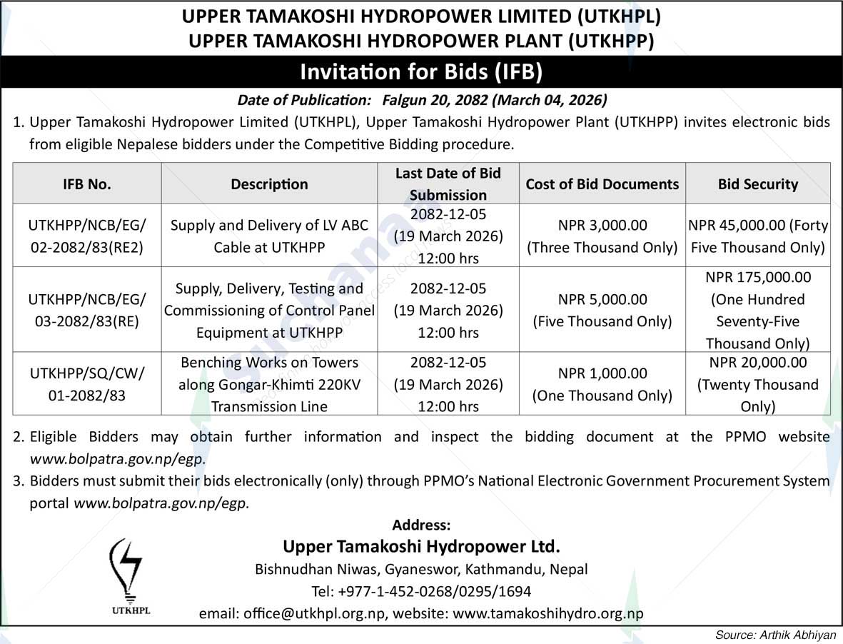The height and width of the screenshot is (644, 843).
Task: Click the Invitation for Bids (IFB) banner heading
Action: coord(421,71)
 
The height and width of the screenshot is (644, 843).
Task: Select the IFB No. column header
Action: coord(87,184)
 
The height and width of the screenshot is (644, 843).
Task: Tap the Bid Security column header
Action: coord(757,184)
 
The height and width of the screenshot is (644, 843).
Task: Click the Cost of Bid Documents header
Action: coord(602,184)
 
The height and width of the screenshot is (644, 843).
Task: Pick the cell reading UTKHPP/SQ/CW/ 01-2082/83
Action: coord(87,383)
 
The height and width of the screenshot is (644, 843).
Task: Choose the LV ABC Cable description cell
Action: coord(269,236)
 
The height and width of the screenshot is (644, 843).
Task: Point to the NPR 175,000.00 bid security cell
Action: coord(757,310)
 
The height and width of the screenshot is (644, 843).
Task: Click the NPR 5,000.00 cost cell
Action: coord(602,310)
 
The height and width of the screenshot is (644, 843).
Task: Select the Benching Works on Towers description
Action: coord(269,384)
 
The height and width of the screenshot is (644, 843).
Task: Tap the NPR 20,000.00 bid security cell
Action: coord(757,384)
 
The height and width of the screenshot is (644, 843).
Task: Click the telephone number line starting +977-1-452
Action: coord(421,592)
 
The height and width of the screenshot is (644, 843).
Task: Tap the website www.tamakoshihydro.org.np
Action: coord(548,613)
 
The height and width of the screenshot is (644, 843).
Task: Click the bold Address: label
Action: coord(421,525)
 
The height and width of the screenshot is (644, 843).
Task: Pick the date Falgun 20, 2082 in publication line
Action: coord(436,99)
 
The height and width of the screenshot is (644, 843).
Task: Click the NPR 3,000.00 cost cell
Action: coord(602,236)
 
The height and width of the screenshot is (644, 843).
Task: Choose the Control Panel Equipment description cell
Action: coord(269,311)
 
